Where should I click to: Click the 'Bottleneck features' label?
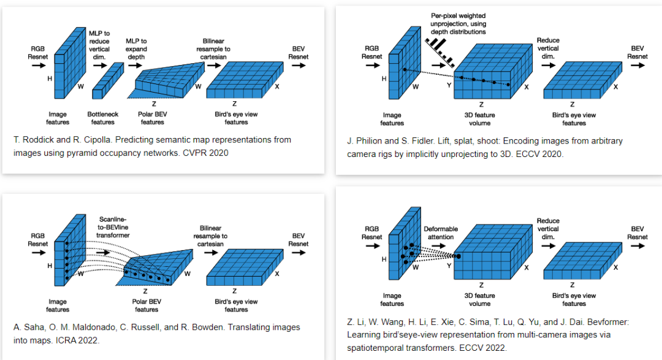(x=102, y=118)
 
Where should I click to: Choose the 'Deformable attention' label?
(x=441, y=233)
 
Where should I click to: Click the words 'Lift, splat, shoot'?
(x=461, y=141)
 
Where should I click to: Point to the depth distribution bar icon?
(x=441, y=50)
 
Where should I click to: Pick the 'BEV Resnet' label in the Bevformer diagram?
(x=637, y=232)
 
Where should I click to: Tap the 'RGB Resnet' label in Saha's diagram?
(x=37, y=239)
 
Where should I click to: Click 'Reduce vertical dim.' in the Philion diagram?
(x=547, y=48)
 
